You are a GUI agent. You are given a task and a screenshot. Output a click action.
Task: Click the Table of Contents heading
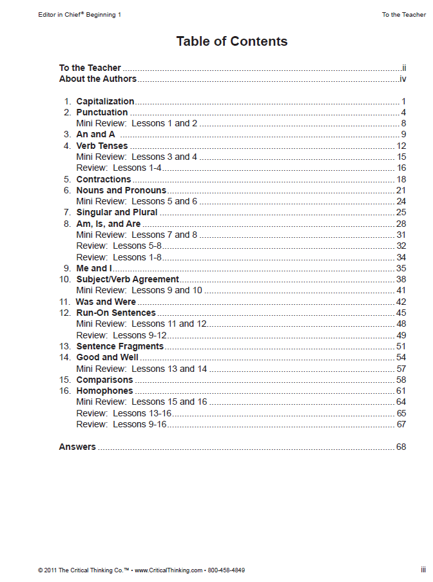pyautogui.click(x=232, y=42)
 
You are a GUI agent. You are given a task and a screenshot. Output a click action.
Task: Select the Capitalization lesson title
pyautogui.click(x=105, y=101)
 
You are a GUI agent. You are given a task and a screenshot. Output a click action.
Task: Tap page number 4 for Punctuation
pyautogui.click(x=403, y=113)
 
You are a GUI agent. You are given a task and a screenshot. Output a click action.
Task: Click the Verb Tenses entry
pyautogui.click(x=102, y=146)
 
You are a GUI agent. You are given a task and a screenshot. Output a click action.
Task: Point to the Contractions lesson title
pyautogui.click(x=103, y=179)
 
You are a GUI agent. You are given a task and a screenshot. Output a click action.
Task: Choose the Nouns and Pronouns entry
pyautogui.click(x=121, y=190)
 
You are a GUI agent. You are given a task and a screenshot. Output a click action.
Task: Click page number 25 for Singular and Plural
pyautogui.click(x=401, y=213)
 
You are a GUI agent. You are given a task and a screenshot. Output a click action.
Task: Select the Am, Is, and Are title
pyautogui.click(x=108, y=224)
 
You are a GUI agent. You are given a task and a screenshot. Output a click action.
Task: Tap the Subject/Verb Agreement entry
pyautogui.click(x=128, y=279)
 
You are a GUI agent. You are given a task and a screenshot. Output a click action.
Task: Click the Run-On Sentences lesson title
pyautogui.click(x=116, y=313)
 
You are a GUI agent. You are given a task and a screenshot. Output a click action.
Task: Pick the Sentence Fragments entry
pyautogui.click(x=120, y=346)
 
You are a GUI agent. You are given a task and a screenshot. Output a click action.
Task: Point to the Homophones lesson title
pyautogui.click(x=104, y=391)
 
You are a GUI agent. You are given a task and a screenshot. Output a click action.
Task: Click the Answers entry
pyautogui.click(x=77, y=447)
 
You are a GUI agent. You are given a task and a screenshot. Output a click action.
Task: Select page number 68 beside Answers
pyautogui.click(x=401, y=447)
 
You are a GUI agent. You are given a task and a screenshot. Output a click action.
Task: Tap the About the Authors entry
pyautogui.click(x=98, y=79)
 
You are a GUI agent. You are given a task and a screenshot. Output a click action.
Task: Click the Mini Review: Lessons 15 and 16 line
pyautogui.click(x=142, y=402)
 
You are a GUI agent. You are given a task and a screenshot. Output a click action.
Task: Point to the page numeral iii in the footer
pyautogui.click(x=423, y=570)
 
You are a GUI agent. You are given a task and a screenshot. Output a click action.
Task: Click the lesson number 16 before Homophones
pyautogui.click(x=65, y=391)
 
